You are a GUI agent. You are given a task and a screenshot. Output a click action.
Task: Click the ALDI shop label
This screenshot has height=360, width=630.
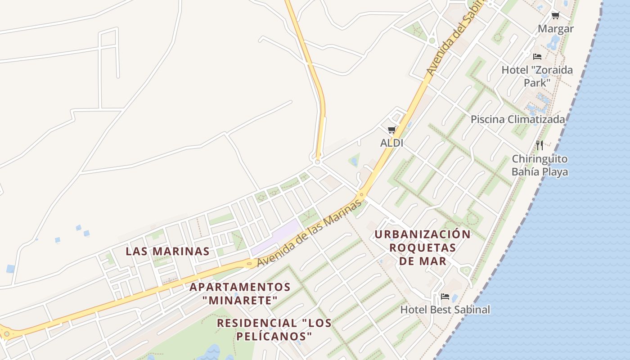pyautogui.click(x=391, y=143)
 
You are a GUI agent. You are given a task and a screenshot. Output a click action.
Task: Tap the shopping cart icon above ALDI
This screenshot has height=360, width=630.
pyautogui.click(x=391, y=130)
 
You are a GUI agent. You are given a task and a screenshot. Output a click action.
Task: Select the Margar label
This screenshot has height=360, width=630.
pyautogui.click(x=556, y=29)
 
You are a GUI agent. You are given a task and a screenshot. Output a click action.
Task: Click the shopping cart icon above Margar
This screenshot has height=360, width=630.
pyautogui.click(x=555, y=16)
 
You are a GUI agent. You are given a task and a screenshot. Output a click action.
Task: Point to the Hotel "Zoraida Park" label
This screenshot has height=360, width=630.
pyautogui.click(x=537, y=76)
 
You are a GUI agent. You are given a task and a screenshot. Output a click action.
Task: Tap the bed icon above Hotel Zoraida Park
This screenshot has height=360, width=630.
pyautogui.click(x=537, y=57)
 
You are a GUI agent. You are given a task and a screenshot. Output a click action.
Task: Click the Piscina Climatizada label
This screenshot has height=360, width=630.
pyautogui.click(x=517, y=119)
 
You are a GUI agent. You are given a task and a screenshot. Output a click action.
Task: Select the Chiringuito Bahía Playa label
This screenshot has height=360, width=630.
pyautogui.click(x=540, y=165)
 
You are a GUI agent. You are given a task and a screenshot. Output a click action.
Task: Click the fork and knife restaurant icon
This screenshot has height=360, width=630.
pyautogui.click(x=540, y=145)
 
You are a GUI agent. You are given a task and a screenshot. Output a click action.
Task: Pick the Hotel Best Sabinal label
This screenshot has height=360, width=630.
pyautogui.click(x=445, y=310)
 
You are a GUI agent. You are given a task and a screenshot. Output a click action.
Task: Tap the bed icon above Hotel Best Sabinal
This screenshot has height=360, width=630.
pyautogui.click(x=445, y=296)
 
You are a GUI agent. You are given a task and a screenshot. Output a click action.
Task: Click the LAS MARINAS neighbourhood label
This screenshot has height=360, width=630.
pyautogui.click(x=167, y=251)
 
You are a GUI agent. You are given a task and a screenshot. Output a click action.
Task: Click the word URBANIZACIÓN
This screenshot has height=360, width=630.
pyautogui.click(x=423, y=234)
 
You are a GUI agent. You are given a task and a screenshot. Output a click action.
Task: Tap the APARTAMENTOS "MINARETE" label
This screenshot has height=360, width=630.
pyautogui.click(x=240, y=293)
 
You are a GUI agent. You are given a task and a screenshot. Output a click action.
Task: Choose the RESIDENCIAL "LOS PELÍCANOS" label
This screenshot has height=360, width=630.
pyautogui.click(x=274, y=329)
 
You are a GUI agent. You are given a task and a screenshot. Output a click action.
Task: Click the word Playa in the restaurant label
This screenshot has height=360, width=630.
pyautogui.click(x=555, y=172)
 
